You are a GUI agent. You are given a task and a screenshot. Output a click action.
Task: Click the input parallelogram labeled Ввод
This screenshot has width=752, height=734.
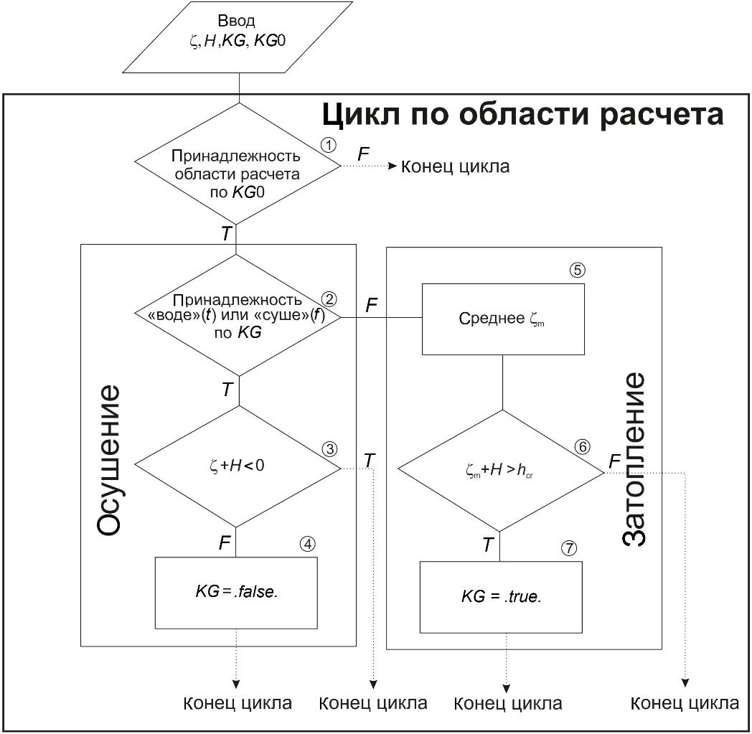click(x=236, y=37)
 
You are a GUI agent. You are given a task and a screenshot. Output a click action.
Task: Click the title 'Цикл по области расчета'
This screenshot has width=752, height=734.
click(x=522, y=114)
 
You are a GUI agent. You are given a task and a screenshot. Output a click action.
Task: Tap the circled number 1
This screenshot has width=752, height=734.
click(x=329, y=144)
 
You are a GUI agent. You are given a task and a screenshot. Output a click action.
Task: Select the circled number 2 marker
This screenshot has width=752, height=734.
click(x=329, y=298)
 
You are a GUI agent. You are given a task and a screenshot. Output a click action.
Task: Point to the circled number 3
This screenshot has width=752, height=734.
click(x=329, y=449)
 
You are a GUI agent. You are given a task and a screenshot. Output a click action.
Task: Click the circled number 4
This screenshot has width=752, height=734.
click(x=308, y=543)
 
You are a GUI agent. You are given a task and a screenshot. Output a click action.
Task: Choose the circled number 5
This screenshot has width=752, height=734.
click(x=578, y=270)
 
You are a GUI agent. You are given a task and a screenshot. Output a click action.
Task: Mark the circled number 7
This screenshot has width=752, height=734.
click(x=568, y=548)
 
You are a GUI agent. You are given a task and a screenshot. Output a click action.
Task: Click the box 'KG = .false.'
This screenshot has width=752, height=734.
click(x=236, y=593)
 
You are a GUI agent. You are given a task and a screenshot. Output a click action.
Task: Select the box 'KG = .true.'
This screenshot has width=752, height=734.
click(x=501, y=597)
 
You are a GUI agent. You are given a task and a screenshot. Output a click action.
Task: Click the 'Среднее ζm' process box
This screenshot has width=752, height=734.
click(x=502, y=319)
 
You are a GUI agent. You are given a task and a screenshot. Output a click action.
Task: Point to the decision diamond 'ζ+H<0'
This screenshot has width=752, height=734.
click(x=238, y=466)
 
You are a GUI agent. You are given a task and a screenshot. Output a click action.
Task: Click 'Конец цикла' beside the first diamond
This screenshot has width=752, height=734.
click(x=455, y=167)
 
